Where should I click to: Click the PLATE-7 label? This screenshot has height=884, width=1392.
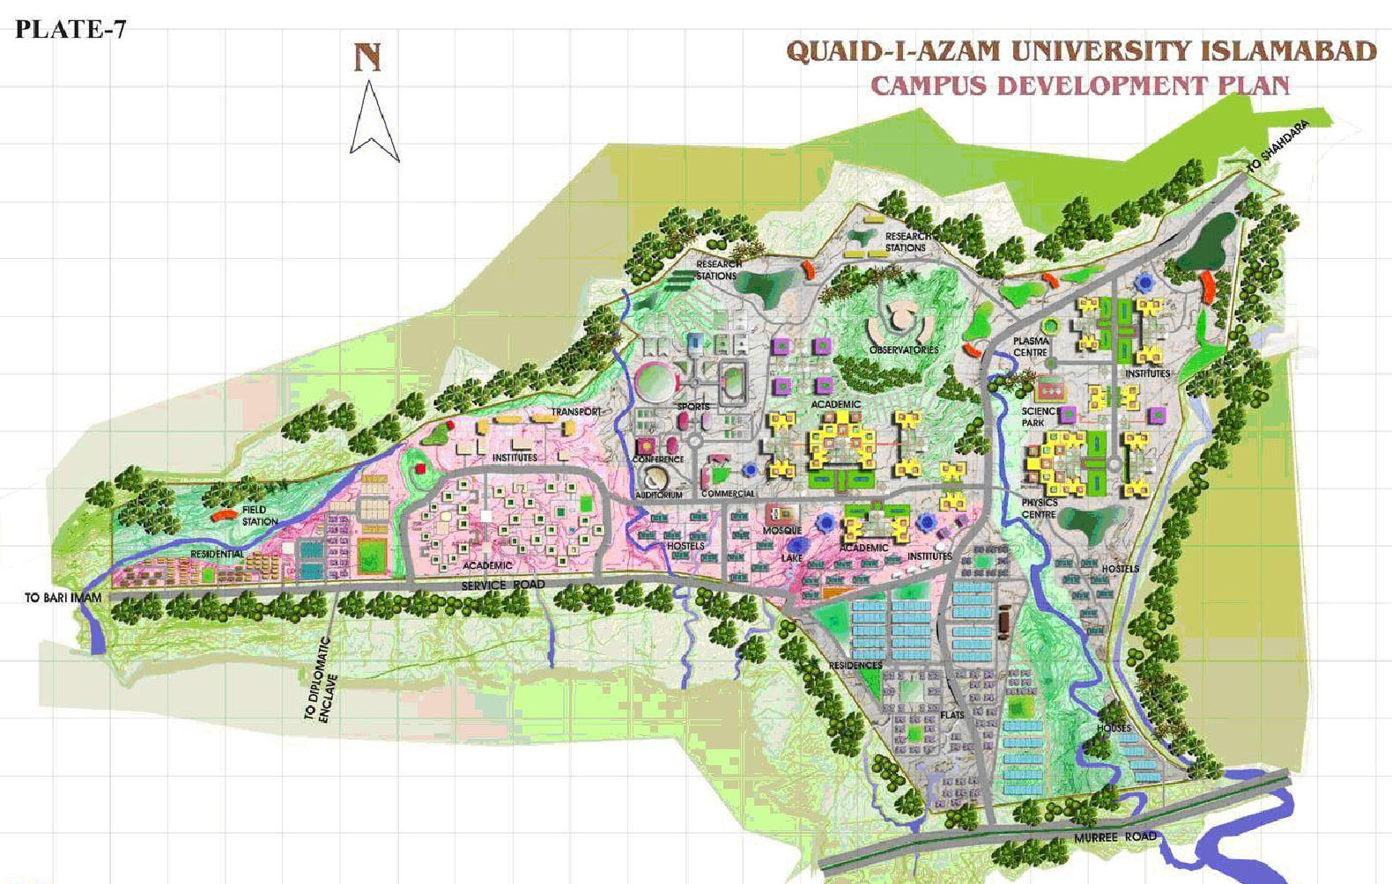tap(70, 29)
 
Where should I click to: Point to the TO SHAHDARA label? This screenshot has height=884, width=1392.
tap(1277, 146)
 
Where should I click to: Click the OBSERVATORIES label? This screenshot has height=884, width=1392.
tap(904, 350)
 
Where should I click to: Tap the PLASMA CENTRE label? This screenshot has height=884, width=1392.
tap(1031, 346)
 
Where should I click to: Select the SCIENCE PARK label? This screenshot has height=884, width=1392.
tap(1040, 416)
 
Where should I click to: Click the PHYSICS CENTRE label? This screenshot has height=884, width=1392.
tap(1040, 508)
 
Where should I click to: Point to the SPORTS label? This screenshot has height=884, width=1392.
tap(693, 407)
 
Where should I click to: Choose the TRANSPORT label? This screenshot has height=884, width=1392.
tap(577, 411)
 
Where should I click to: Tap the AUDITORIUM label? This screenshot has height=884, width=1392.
tap(659, 495)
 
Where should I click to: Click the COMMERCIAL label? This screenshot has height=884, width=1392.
tap(728, 494)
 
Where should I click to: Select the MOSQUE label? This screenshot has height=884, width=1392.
tap(781, 530)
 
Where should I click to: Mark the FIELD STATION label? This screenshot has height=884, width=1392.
tap(259, 515)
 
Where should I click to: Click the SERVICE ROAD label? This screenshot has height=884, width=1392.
tap(503, 586)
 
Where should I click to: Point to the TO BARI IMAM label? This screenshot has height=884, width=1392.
tap(63, 598)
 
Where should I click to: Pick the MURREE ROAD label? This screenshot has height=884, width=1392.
tap(1114, 836)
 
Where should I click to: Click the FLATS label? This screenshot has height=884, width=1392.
tap(952, 715)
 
